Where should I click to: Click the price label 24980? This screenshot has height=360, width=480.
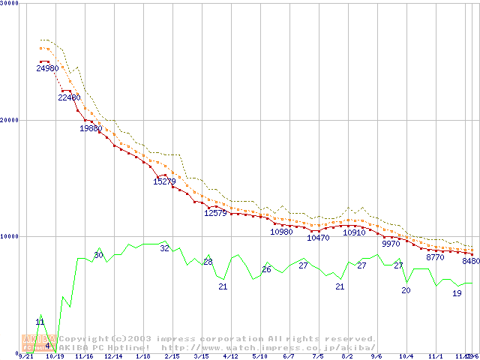(47, 68)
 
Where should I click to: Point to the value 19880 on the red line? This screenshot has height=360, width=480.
(91, 128)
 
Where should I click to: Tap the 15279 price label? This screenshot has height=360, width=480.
(164, 181)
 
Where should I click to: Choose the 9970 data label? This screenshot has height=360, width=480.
(391, 244)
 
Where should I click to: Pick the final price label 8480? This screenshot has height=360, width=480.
(471, 262)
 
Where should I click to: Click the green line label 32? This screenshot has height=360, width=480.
(164, 248)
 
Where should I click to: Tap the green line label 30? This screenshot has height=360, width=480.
(98, 256)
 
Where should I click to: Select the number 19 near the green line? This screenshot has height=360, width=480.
(457, 293)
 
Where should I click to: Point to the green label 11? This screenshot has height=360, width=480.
(40, 322)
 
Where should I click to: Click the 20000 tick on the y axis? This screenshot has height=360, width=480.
(9, 120)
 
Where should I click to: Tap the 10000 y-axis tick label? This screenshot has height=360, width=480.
(9, 236)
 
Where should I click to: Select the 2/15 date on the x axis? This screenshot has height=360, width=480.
(172, 357)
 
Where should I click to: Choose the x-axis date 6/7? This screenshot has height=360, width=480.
(289, 357)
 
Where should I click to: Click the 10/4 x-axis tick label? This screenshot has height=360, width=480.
(406, 357)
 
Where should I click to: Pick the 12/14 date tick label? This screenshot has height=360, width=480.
(113, 357)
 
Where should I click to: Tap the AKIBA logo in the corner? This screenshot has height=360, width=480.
(34, 343)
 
